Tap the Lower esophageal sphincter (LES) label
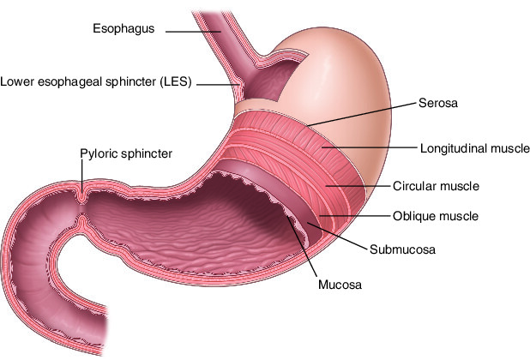(96, 82)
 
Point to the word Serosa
(439, 104)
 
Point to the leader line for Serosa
(360, 114)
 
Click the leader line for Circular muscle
(356, 185)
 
